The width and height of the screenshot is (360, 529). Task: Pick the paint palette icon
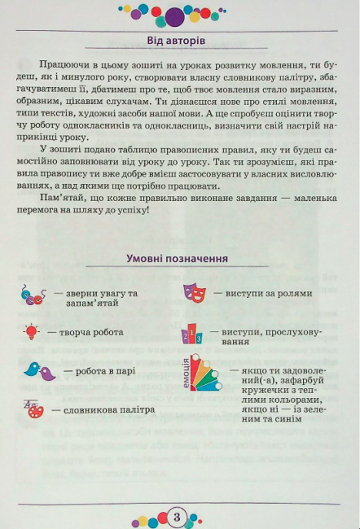(x=35, y=409)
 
